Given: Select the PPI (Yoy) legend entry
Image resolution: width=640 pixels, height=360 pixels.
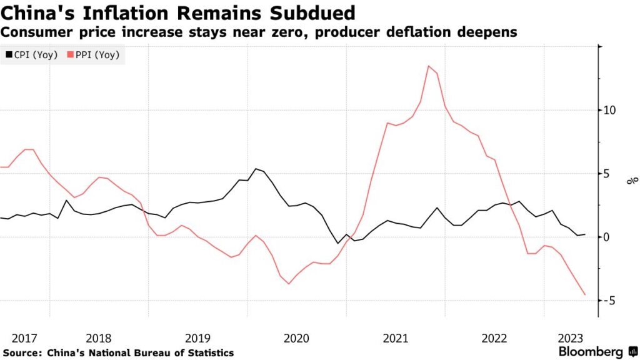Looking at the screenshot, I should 97,55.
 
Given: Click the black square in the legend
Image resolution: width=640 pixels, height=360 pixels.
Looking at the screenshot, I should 8,55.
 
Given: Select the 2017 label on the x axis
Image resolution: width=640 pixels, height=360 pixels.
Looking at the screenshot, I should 24,339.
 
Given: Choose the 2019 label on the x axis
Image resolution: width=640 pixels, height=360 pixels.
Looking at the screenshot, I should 198,339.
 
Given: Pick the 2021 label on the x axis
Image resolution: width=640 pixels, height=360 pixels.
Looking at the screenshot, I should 396,339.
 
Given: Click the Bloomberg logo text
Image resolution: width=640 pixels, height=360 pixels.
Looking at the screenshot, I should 590,352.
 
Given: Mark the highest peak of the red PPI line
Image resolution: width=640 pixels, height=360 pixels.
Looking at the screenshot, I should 429,66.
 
